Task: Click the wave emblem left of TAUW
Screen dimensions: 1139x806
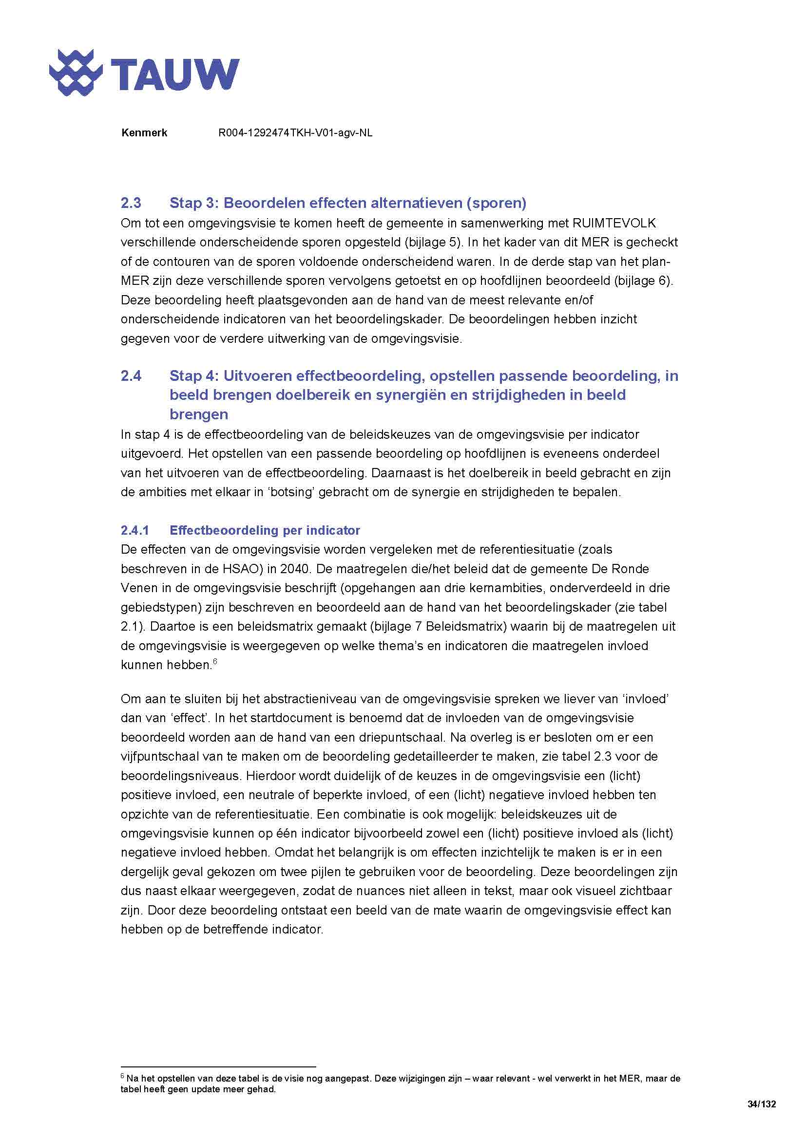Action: click(x=76, y=73)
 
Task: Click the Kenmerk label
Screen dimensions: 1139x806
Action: click(x=144, y=133)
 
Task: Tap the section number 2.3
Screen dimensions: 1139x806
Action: click(x=131, y=203)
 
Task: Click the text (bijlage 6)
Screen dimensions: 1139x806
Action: click(x=643, y=281)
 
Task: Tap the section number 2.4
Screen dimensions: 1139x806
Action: click(x=131, y=376)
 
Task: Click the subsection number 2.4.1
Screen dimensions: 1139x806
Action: click(x=134, y=530)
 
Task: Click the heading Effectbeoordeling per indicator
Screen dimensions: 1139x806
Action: click(x=265, y=530)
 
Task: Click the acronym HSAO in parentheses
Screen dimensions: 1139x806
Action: click(x=245, y=569)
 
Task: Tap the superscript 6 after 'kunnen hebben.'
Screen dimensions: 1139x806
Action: click(x=215, y=662)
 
